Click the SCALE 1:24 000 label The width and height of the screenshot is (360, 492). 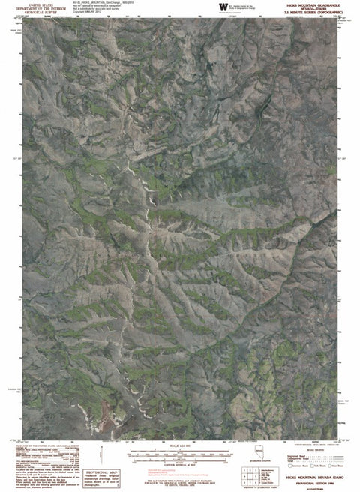[x=180, y=445]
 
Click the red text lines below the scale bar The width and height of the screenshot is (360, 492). [x=180, y=473]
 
